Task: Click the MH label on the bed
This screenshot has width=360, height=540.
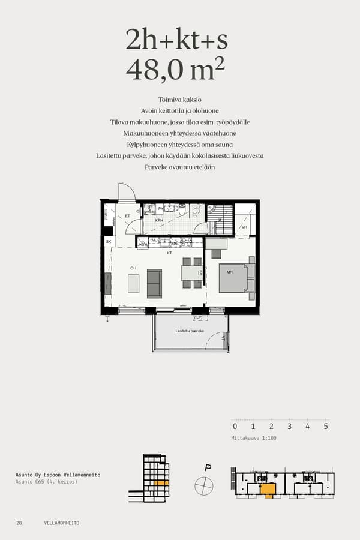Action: pos(229,272)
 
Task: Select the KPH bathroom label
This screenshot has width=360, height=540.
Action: pos(159,220)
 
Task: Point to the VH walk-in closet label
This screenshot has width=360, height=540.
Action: pos(244,227)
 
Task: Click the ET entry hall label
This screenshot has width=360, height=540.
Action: pos(127,216)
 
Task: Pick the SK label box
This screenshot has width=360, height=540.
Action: pos(109,241)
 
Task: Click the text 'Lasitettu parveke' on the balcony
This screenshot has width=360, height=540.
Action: pos(190,331)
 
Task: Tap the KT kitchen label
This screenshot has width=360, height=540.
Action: pos(170,253)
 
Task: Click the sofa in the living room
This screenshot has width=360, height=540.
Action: pos(154,283)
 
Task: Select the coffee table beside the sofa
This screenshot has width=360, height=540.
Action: pos(133,283)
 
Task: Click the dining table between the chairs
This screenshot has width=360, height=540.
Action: pos(193,272)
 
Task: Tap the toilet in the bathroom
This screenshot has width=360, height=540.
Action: pos(182,209)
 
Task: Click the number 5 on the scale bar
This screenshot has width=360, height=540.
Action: pos(326,427)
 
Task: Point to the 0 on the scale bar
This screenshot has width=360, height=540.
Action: pos(235,427)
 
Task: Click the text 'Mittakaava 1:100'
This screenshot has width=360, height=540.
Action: pos(253,439)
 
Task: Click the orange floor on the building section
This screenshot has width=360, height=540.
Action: pos(161,482)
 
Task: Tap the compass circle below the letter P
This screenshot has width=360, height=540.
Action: pos(204,485)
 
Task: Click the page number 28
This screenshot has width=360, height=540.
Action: pos(19,523)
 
